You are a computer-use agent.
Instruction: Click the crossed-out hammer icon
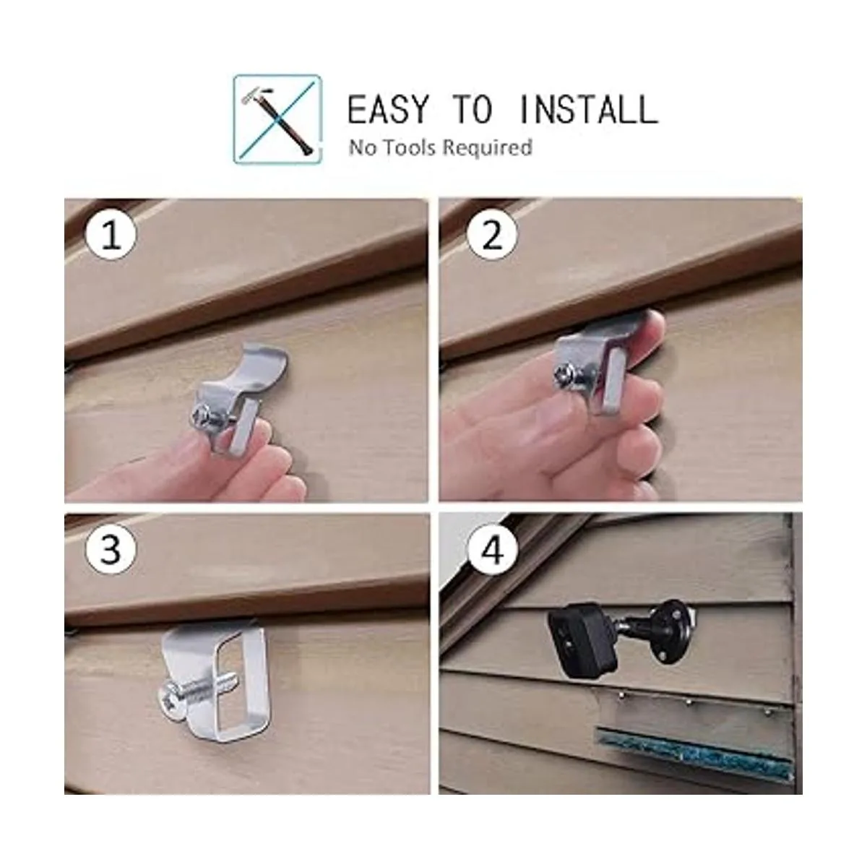(277, 119)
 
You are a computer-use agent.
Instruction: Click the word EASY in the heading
(387, 109)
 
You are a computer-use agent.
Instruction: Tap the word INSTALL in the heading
(588, 109)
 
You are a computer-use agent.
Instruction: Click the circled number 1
(111, 236)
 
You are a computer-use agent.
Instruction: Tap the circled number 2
(492, 234)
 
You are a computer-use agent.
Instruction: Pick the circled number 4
(493, 550)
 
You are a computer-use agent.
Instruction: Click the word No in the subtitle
(362, 147)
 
